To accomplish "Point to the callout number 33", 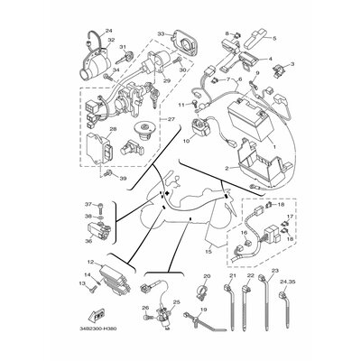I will pos(161,33).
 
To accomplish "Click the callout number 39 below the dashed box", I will pos(125,178).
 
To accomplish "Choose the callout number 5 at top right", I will pos(274,39).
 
